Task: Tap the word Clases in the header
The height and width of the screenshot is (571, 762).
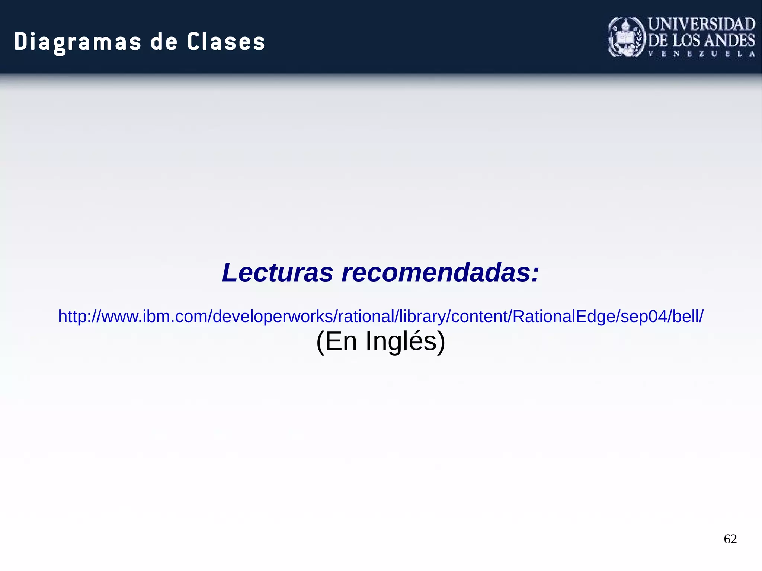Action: pyautogui.click(x=226, y=42)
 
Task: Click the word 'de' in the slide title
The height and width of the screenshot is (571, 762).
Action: pyautogui.click(x=164, y=42)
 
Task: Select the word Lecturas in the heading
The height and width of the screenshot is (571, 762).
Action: pyautogui.click(x=277, y=272)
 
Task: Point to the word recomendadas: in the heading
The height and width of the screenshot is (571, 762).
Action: pyautogui.click(x=440, y=272)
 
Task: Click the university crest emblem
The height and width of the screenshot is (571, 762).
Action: pyautogui.click(x=627, y=37)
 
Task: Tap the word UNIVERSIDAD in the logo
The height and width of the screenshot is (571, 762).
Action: pyautogui.click(x=702, y=24)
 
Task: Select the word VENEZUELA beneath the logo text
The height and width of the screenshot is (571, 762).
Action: pyautogui.click(x=702, y=54)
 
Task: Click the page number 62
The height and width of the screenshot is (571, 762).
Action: pyautogui.click(x=730, y=539)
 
